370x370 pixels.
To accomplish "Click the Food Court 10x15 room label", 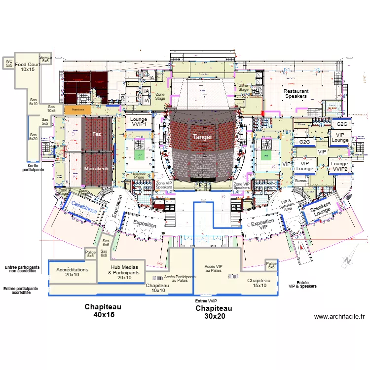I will tap(27, 67).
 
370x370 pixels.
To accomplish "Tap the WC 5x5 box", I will tap(9, 63).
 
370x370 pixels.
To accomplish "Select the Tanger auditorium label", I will tap(202, 137).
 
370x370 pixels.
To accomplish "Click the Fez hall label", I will tap(97, 134).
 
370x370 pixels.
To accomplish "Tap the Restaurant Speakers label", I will tap(296, 94).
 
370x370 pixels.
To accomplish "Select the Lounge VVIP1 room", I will tap(138, 122).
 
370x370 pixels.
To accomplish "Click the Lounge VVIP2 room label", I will tap(339, 166).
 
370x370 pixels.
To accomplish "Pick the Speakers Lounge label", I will tap(321, 209).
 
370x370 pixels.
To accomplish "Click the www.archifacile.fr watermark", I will tap(339, 317).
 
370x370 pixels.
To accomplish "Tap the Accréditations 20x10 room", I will tap(72, 272).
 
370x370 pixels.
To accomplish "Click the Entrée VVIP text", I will tap(206, 301).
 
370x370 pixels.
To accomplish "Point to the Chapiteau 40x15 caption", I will tap(103, 310).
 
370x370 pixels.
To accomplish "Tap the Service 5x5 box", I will tap(45, 59).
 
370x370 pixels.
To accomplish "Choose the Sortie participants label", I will tap(33, 168).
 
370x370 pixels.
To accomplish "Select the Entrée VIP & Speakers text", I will tap(302, 284).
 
